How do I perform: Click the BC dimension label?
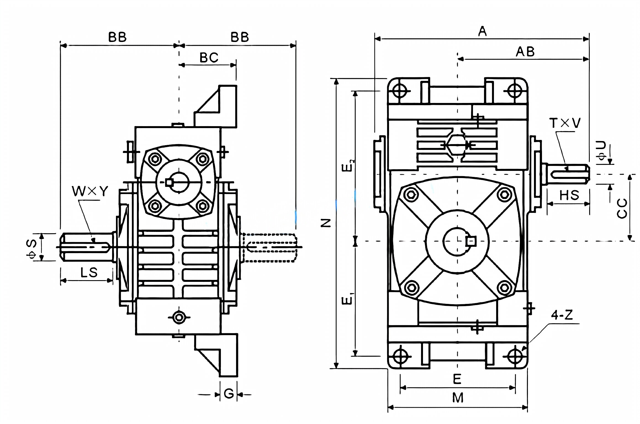[209, 58]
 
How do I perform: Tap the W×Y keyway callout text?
[90, 191]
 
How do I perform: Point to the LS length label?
[89, 272]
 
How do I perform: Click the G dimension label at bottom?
[229, 394]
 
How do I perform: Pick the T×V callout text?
[565, 123]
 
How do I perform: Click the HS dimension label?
[569, 195]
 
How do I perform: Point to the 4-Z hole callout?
[562, 315]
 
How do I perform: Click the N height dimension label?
[326, 223]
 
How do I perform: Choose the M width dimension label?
[457, 398]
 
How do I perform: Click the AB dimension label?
[525, 52]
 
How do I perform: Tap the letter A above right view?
[482, 31]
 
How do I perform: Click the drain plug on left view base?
[179, 317]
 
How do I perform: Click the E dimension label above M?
[457, 379]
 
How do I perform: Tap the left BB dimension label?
[117, 37]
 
